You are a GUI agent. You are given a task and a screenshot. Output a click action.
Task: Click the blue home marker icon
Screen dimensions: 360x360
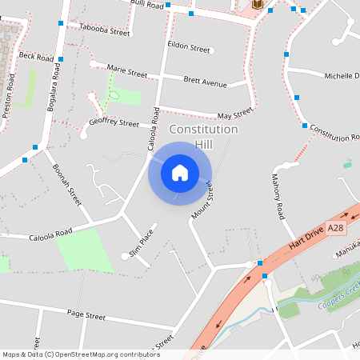pos(180,173)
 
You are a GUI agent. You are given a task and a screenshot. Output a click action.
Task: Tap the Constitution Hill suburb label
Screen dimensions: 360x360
pos(203,136)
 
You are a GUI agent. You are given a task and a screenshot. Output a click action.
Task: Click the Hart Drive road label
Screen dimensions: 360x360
pos(308,233)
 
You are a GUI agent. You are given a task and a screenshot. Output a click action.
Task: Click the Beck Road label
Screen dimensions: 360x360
pos(37,58)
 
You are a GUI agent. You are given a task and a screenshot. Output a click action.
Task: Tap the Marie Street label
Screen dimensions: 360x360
pos(126,71)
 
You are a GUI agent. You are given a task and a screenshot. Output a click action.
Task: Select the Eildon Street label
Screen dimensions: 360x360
pos(189,50)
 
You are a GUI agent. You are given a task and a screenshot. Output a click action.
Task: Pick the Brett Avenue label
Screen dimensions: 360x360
pos(204,82)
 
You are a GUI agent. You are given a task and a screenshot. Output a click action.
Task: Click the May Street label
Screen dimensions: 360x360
pos(235,114)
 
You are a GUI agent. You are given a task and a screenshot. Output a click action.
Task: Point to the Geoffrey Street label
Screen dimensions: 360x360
pos(114,122)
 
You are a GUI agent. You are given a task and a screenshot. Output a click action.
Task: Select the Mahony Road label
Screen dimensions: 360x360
pos(278,197)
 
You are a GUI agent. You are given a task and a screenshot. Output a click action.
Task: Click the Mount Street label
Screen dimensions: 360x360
pos(204,200)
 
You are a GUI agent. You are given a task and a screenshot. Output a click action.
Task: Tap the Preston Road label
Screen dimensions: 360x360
pos(9,96)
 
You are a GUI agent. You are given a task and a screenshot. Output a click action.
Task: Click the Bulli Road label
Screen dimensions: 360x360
pos(147,5)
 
